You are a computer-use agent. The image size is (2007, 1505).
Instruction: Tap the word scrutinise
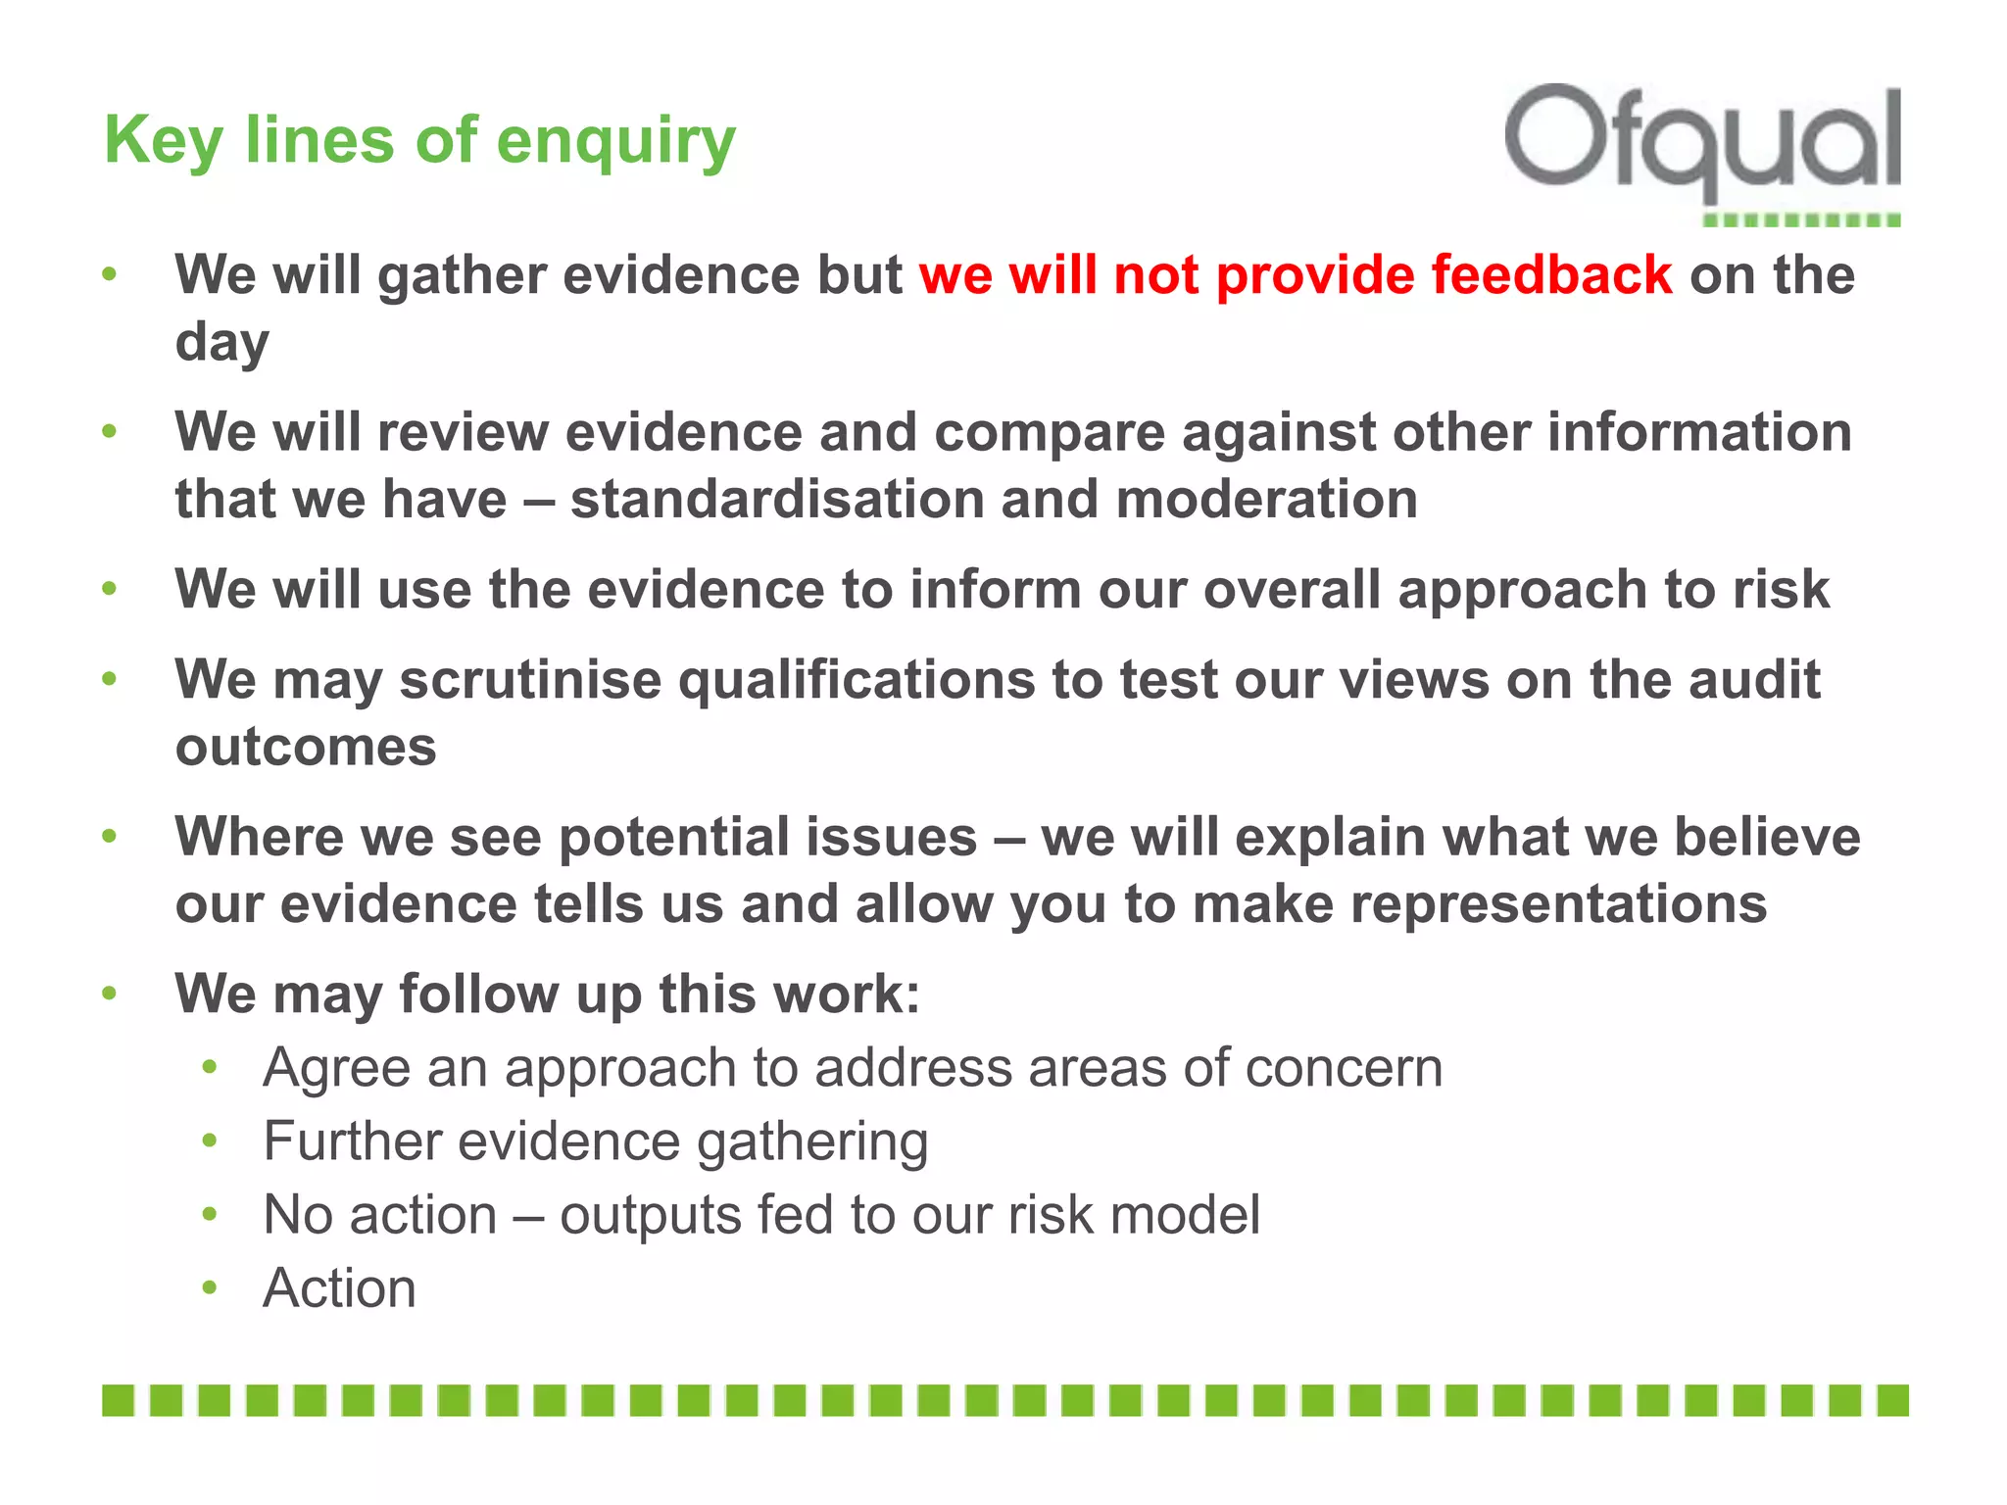(x=530, y=679)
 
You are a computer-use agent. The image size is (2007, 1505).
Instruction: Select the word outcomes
(x=306, y=747)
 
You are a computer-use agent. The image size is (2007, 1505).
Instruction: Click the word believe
(x=1767, y=837)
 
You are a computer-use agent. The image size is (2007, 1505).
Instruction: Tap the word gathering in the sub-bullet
(x=812, y=1142)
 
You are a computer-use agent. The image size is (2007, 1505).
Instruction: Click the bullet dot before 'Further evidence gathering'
(x=209, y=1141)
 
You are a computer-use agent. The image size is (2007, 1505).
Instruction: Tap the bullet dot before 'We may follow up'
(x=110, y=994)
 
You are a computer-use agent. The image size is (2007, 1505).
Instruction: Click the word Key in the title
(x=164, y=141)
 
